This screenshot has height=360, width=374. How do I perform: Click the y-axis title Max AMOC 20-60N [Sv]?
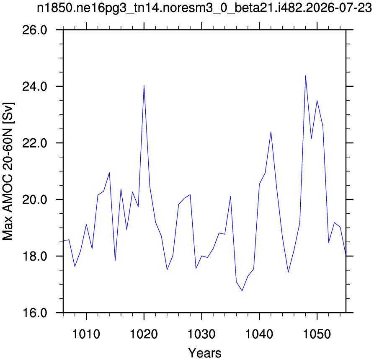click(x=8, y=171)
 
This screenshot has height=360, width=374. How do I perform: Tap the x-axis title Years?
click(x=205, y=353)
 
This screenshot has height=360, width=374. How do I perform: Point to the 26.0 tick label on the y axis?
click(x=35, y=30)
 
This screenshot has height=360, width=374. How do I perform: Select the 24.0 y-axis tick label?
click(x=35, y=87)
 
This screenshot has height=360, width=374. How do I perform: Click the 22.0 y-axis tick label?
click(x=35, y=143)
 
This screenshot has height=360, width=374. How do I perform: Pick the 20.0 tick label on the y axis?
click(x=35, y=199)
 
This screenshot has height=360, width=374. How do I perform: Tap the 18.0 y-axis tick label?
click(x=35, y=256)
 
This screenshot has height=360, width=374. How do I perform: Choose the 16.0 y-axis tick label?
click(x=35, y=313)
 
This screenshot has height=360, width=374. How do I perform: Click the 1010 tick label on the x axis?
click(x=86, y=334)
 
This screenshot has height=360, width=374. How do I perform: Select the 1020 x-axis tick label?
click(x=144, y=334)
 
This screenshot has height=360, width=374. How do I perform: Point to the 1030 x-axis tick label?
click(x=201, y=334)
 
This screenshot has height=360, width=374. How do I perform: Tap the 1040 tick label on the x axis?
click(x=259, y=334)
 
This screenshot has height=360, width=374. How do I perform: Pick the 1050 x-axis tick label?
click(x=317, y=334)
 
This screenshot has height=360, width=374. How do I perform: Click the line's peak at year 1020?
click(x=144, y=85)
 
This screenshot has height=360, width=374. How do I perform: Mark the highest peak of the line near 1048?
click(x=306, y=76)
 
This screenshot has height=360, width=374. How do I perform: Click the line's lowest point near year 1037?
click(x=242, y=291)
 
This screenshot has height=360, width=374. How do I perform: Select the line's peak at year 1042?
click(x=271, y=132)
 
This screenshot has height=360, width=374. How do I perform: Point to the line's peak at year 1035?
click(x=230, y=197)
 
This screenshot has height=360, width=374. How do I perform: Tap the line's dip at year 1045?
click(x=288, y=272)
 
